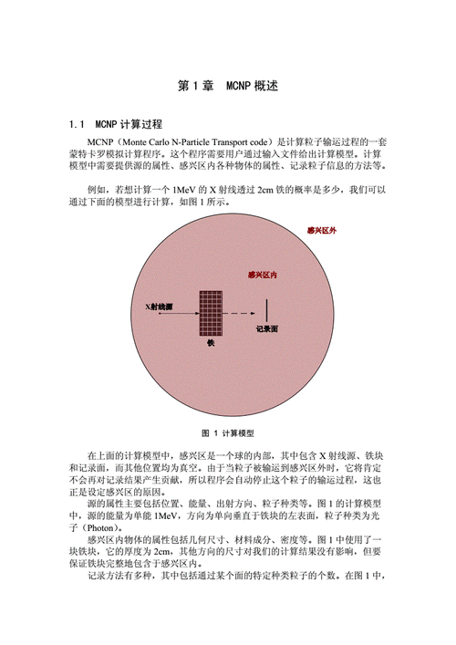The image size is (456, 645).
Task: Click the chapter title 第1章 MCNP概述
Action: pyautogui.click(x=227, y=87)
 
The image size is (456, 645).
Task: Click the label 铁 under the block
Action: pyautogui.click(x=212, y=343)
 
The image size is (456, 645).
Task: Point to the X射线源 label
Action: pyautogui.click(x=160, y=307)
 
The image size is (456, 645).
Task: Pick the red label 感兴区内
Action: pyautogui.click(x=263, y=275)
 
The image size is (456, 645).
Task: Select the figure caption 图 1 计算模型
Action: pyautogui.click(x=227, y=432)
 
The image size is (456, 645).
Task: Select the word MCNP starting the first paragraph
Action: pyautogui.click(x=99, y=143)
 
